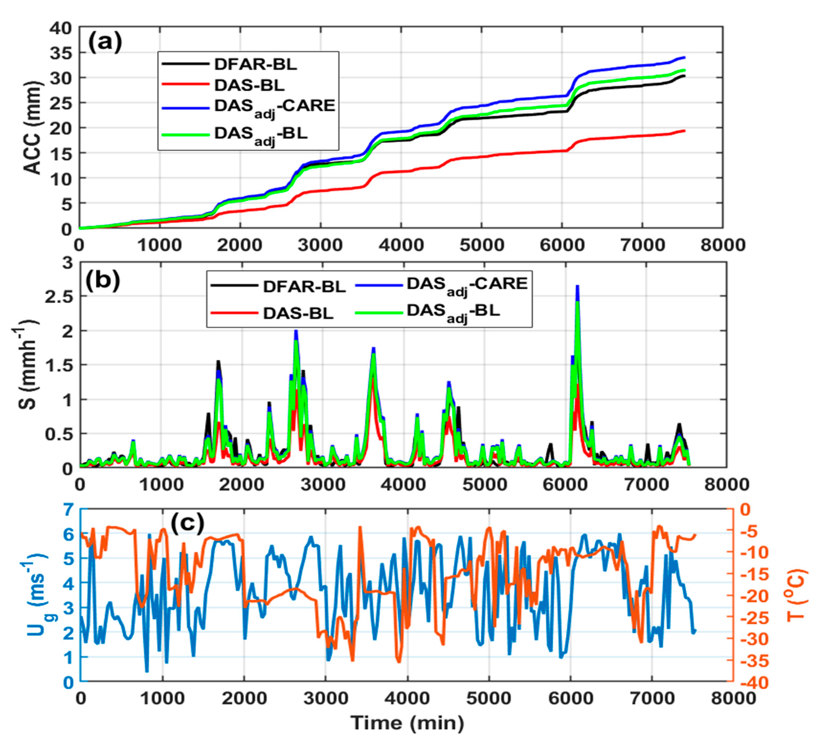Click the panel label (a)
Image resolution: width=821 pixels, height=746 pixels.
(x=105, y=42)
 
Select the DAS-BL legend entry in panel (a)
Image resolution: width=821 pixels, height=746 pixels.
(x=249, y=85)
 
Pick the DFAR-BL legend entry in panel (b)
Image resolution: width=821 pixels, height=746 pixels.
(x=304, y=286)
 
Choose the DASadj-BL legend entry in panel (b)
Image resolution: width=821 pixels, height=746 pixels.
(x=453, y=312)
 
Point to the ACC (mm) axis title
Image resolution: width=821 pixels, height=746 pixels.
(x=33, y=128)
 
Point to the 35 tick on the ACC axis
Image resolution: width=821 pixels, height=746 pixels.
(x=61, y=53)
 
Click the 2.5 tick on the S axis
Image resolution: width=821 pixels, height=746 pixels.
(x=58, y=297)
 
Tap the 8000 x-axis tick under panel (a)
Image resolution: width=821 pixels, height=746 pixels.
(x=723, y=245)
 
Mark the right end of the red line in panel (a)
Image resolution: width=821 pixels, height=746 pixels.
(x=685, y=131)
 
